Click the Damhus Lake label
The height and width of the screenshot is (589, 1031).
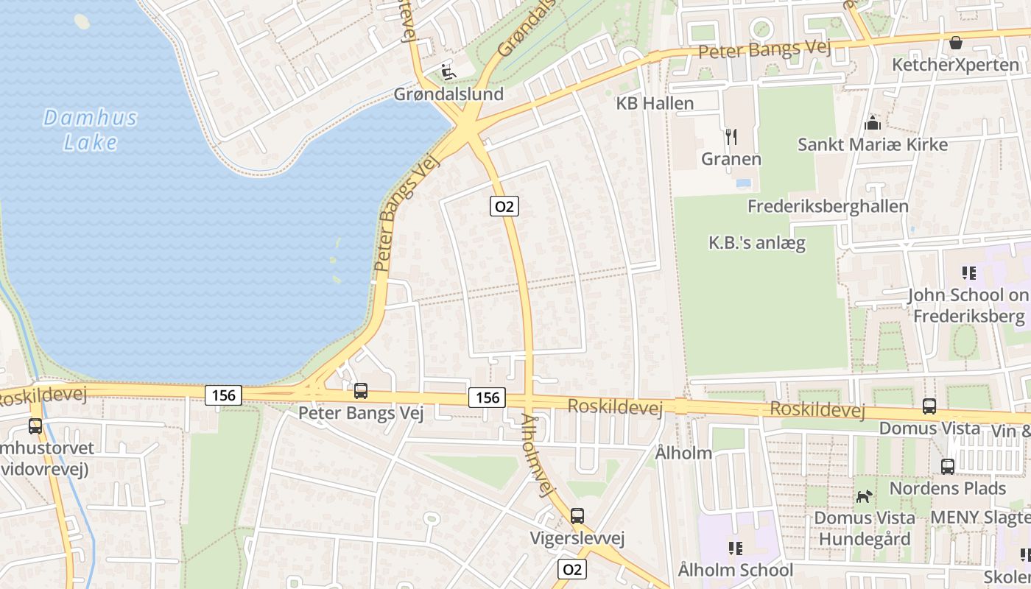click(90, 129)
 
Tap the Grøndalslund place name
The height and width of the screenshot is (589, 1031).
click(448, 94)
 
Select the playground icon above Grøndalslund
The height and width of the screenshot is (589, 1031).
click(447, 71)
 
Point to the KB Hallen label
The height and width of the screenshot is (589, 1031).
click(655, 103)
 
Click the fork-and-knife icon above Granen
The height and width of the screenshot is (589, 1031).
click(731, 136)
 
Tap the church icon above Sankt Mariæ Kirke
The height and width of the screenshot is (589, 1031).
click(873, 122)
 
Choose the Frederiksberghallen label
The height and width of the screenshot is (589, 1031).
click(828, 206)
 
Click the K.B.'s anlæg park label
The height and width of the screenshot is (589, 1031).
click(756, 242)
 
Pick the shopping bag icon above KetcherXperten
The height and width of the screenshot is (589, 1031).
click(955, 43)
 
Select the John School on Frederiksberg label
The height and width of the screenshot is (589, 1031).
click(968, 306)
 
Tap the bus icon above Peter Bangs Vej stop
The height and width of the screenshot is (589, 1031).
click(361, 391)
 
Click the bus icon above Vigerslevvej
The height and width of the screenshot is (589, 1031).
click(577, 516)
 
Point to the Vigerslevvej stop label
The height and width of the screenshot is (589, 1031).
click(577, 538)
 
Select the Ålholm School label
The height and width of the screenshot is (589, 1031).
click(735, 570)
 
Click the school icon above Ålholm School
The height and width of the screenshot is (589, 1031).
click(735, 548)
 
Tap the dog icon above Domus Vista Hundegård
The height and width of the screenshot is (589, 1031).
click(864, 496)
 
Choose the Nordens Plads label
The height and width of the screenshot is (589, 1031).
click(947, 488)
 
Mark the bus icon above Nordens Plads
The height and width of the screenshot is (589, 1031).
click(947, 466)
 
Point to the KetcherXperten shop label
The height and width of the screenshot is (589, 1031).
click(955, 65)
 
